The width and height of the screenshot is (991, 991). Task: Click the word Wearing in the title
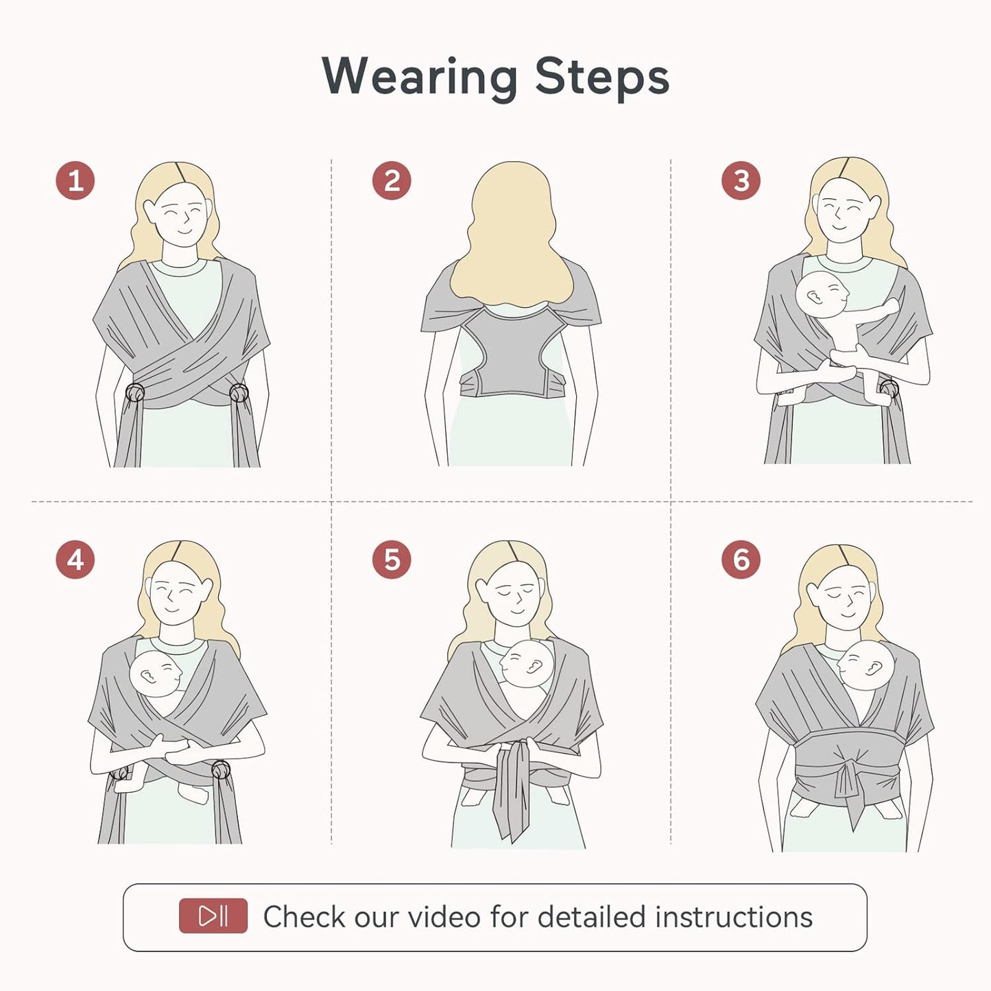pos(420,77)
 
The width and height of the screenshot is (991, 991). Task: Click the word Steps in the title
pos(601,77)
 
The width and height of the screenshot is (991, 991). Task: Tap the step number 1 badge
pos(75,181)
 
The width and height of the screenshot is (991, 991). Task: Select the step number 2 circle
pos(392,181)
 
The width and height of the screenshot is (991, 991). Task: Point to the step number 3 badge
pos(741,181)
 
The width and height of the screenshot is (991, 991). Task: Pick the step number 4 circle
pos(75,560)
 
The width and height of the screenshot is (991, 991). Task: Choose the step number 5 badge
pos(392,560)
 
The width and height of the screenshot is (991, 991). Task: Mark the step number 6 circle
pos(741,560)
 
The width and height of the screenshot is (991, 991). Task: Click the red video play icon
pos(213,916)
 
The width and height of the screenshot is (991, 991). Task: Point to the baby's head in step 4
pos(156,674)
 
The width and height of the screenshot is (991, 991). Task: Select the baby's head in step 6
pos(866,666)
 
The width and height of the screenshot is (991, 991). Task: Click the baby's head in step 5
pos(527,663)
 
